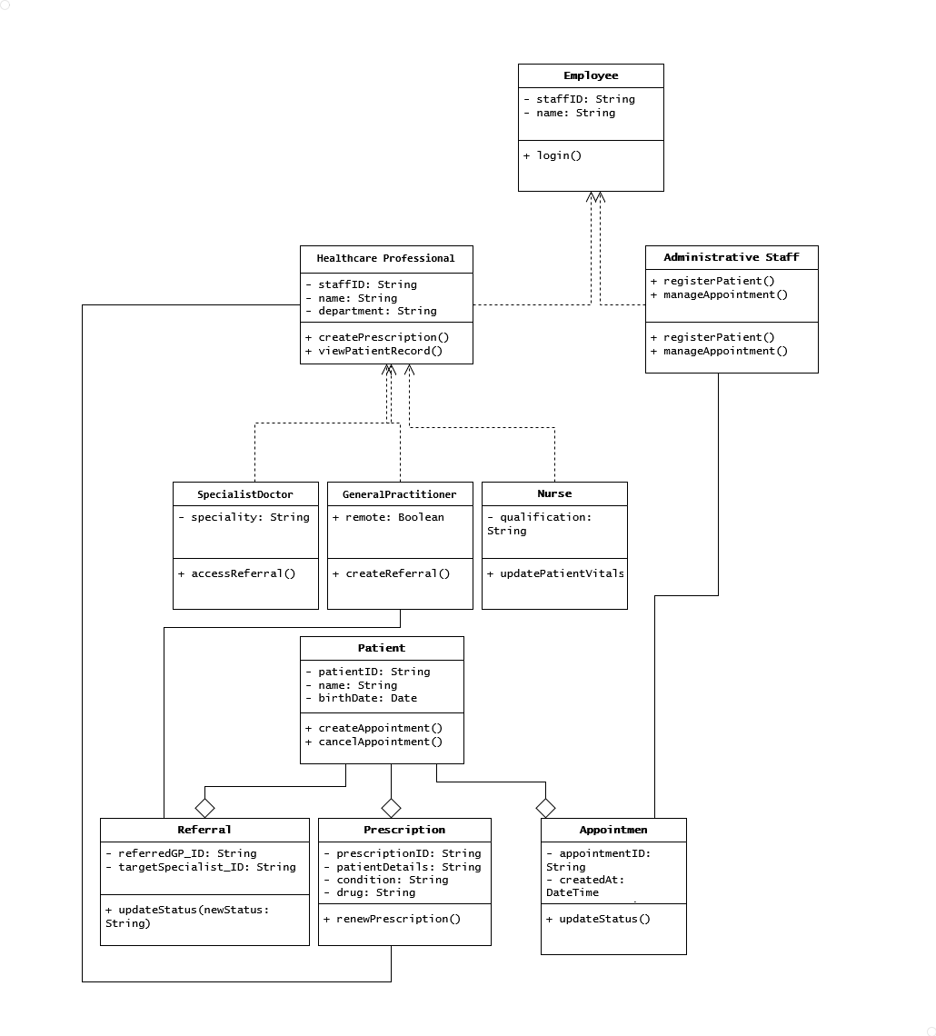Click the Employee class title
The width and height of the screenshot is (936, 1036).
591,75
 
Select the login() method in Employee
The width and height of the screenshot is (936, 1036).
553,155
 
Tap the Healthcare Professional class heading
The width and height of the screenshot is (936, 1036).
386,258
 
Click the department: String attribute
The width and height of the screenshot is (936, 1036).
372,311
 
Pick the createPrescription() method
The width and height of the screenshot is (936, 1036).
378,337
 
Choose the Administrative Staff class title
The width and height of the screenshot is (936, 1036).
732,257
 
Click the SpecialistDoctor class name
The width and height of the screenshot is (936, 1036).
245,494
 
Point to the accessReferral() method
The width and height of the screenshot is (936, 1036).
238,573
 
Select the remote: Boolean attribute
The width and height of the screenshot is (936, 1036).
389,517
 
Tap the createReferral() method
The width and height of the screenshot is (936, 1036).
392,573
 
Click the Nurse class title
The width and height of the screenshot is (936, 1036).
554,493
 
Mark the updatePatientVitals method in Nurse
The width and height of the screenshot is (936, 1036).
556,573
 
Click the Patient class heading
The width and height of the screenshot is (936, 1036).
382,648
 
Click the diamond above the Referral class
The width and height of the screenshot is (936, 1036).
205,807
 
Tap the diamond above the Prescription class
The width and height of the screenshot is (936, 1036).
392,807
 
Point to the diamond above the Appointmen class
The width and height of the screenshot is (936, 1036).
546,807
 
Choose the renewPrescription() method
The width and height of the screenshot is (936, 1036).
393,919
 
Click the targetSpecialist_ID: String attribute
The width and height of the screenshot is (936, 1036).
201,867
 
